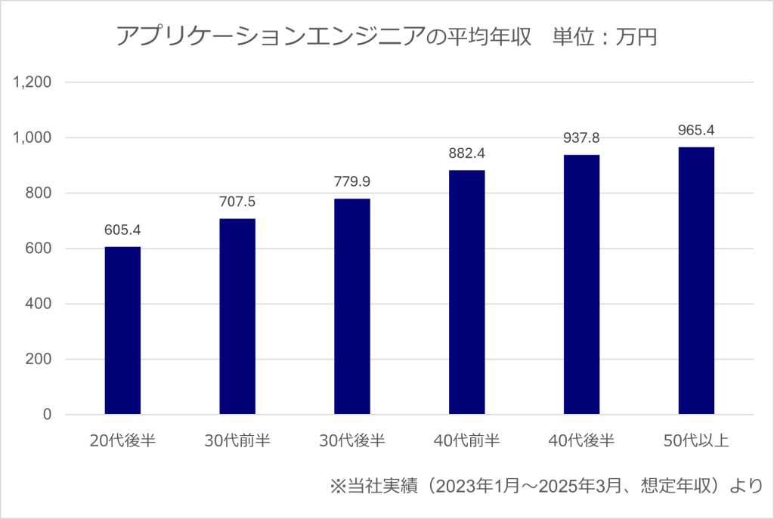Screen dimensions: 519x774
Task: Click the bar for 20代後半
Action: coord(122,331)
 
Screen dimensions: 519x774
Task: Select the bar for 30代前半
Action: coord(237,317)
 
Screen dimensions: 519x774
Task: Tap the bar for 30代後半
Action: coord(352,307)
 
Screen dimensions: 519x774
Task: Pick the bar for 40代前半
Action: coord(467,292)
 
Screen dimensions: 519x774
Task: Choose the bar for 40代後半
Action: coord(582,285)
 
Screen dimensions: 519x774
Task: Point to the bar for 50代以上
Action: coord(696,281)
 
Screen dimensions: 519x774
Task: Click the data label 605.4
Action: coord(122,230)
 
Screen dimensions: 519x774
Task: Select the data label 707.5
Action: coord(237,202)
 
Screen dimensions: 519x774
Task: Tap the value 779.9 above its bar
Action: coord(352,181)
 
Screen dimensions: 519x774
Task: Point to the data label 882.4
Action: coord(467,153)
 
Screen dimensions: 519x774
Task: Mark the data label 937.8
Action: coord(582,138)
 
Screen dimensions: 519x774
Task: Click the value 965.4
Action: coord(696,130)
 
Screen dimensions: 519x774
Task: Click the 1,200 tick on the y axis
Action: coord(32,82)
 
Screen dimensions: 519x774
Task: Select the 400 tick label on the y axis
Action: coord(38,304)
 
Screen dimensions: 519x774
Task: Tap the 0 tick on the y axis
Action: coord(46,415)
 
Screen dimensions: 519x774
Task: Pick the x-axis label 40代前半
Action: coord(467,441)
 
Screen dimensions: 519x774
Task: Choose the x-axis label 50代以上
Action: coord(696,441)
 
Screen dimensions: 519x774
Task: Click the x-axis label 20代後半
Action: coord(122,441)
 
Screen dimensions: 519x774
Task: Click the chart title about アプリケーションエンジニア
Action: coord(386,36)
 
